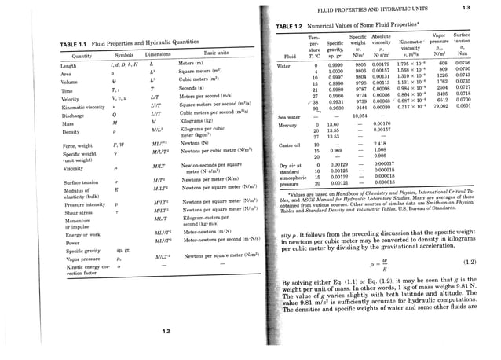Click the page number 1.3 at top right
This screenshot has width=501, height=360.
[488, 8]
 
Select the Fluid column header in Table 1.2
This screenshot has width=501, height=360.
[289, 57]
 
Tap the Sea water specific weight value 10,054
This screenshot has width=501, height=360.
[362, 116]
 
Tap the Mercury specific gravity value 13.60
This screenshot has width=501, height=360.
[331, 123]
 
